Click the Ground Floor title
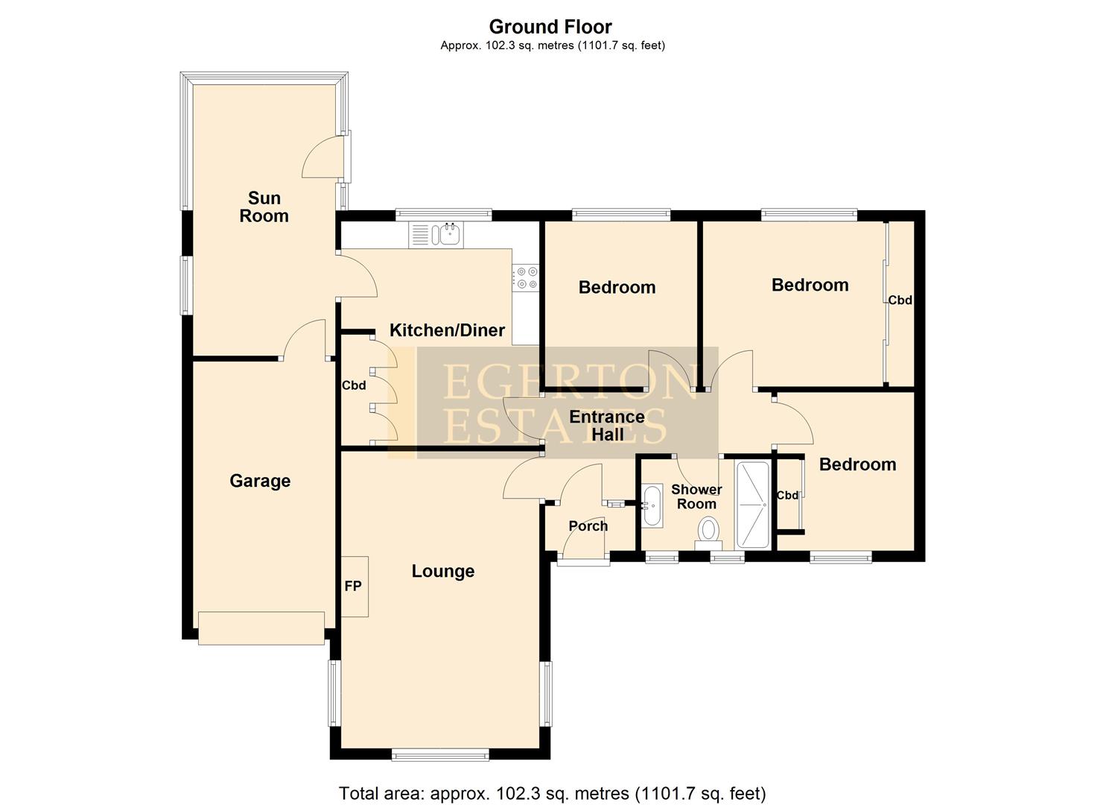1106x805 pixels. [550, 27]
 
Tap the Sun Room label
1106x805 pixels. [264, 206]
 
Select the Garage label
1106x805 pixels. [260, 481]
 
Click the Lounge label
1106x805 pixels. [443, 571]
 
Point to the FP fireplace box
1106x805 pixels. [355, 587]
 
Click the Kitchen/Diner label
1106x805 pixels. [447, 330]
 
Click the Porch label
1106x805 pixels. [588, 525]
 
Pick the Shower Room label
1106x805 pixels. [696, 496]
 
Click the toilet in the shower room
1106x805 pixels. [708, 532]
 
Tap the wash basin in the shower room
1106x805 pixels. [652, 506]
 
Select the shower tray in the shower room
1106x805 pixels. [751, 505]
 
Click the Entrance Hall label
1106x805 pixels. [606, 425]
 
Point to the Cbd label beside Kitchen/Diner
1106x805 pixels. [354, 385]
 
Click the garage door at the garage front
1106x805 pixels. [261, 628]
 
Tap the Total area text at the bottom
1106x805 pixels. [552, 793]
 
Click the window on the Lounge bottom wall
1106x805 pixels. [440, 755]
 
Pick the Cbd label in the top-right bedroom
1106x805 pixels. [900, 300]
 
